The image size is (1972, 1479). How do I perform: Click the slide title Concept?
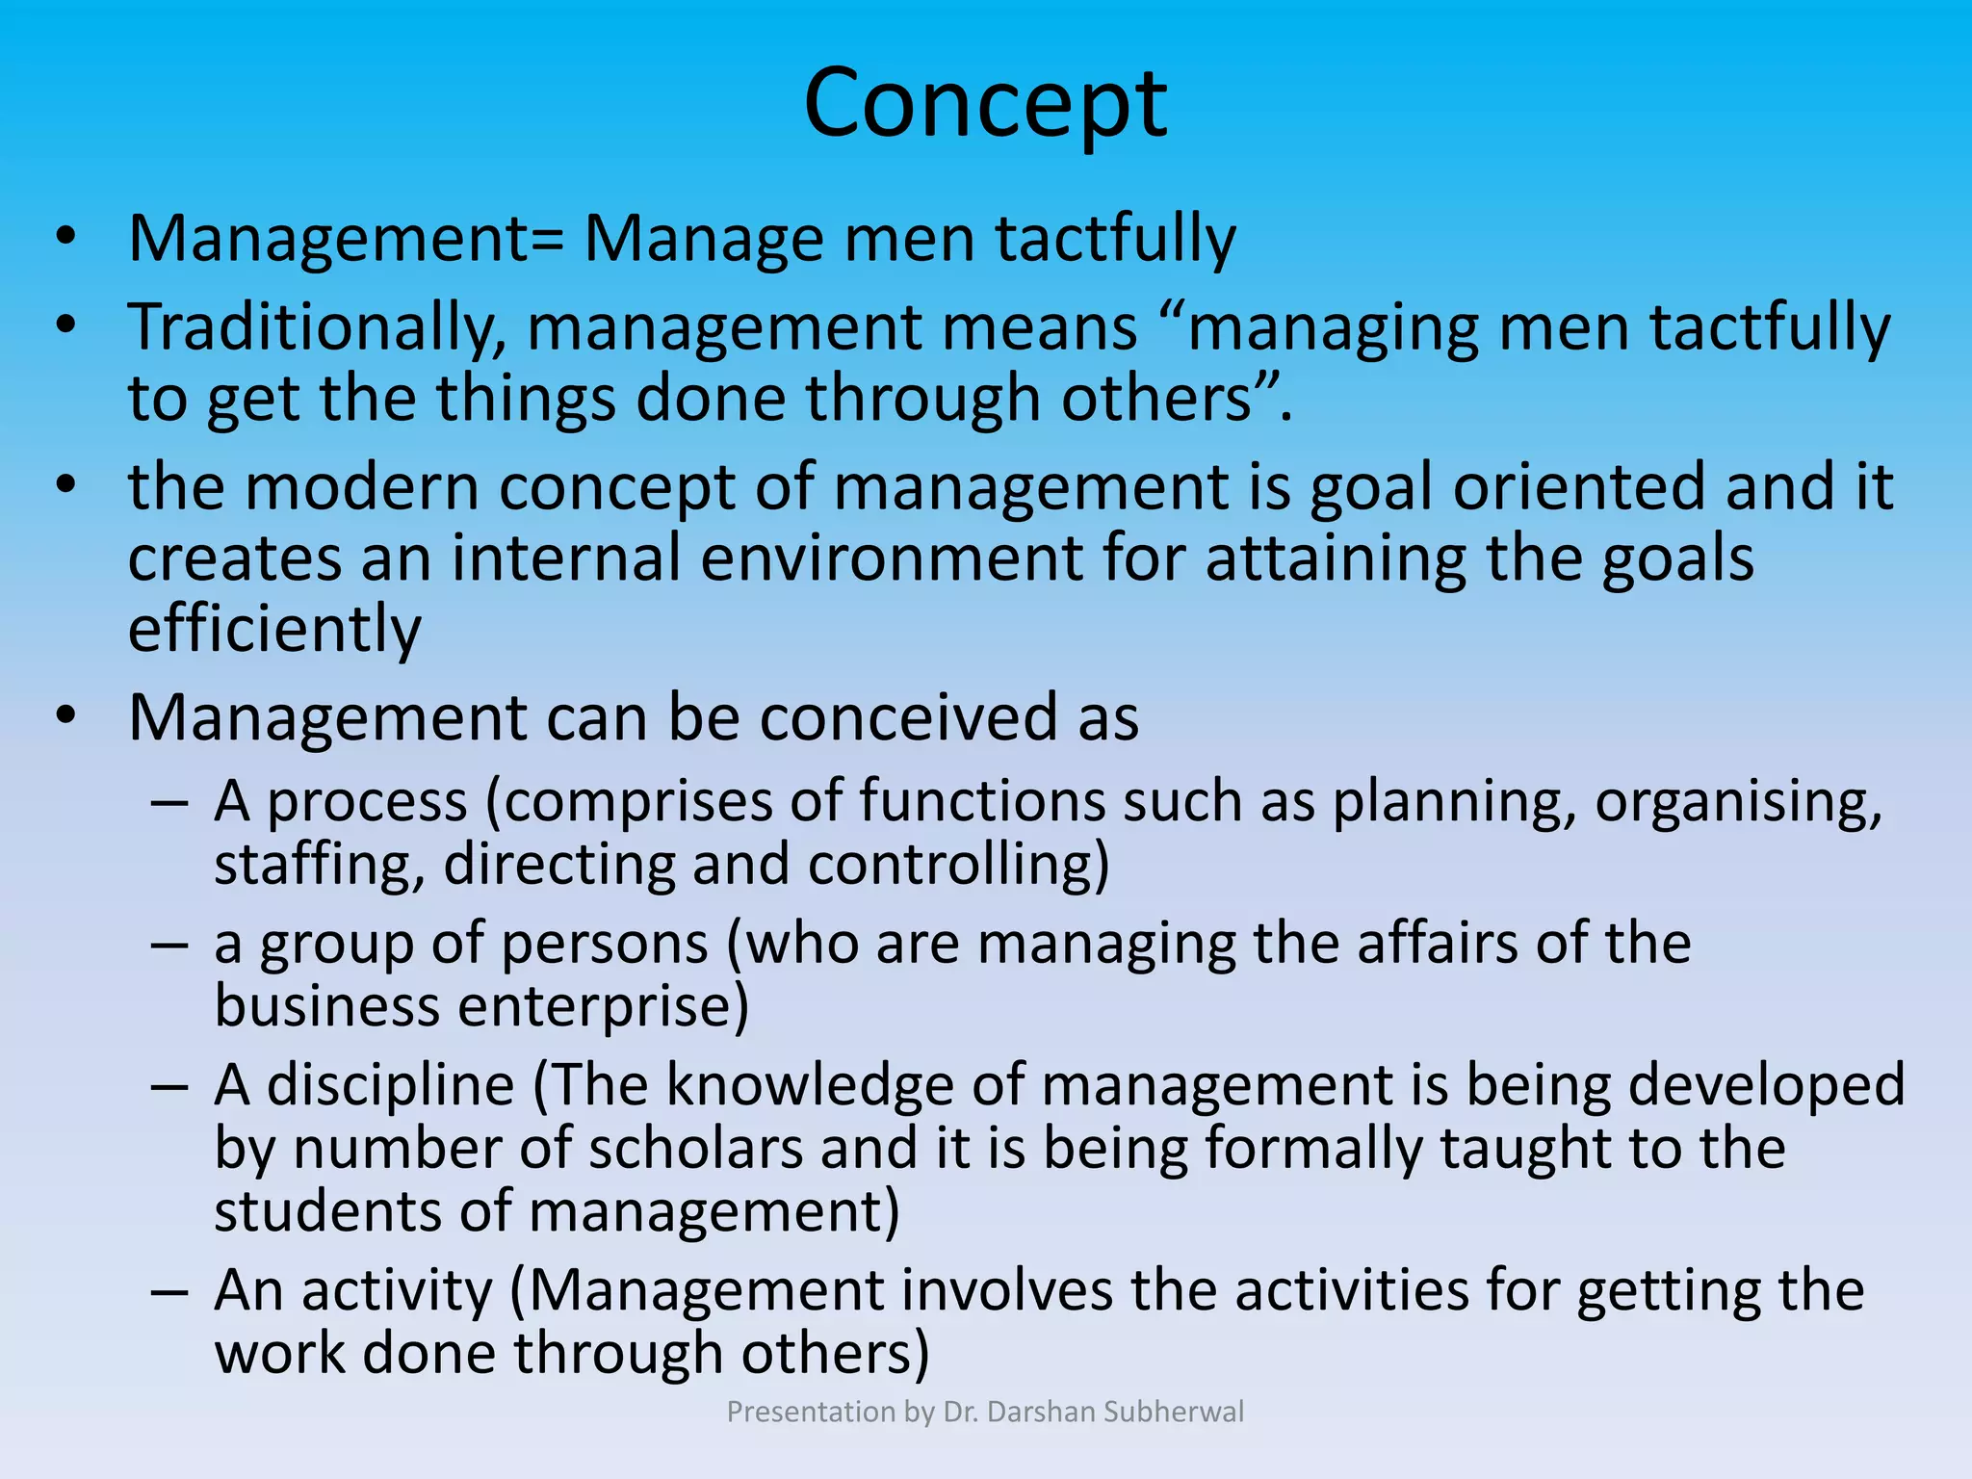(985, 104)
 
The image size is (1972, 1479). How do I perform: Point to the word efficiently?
(274, 629)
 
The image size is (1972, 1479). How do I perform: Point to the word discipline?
(390, 1085)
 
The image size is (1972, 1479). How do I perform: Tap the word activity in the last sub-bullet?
(397, 1290)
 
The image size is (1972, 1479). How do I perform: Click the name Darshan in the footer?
(1042, 1412)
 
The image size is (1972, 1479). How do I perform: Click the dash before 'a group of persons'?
(169, 945)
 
